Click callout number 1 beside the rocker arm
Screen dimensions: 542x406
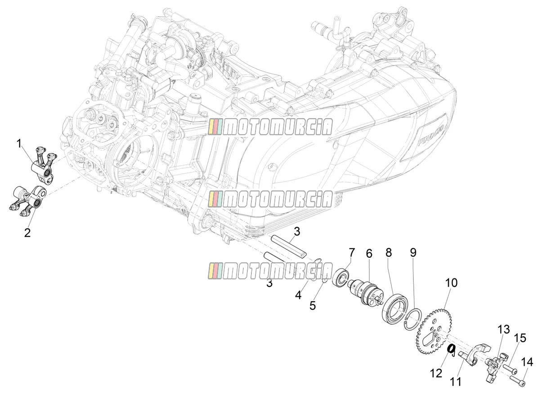(19, 144)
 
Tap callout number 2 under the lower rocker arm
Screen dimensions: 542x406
(27, 233)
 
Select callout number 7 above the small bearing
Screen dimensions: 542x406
(352, 253)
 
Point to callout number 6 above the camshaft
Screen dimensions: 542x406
(369, 254)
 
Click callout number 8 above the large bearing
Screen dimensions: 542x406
(389, 253)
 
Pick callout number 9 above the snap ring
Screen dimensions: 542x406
(413, 253)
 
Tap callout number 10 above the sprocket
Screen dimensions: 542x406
(451, 283)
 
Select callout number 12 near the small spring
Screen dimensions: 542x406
(436, 374)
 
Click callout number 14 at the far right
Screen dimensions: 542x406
(527, 362)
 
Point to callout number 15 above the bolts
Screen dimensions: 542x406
(520, 339)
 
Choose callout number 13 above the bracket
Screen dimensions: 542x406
(504, 330)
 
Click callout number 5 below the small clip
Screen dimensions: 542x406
(313, 306)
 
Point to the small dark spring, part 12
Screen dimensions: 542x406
(451, 350)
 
